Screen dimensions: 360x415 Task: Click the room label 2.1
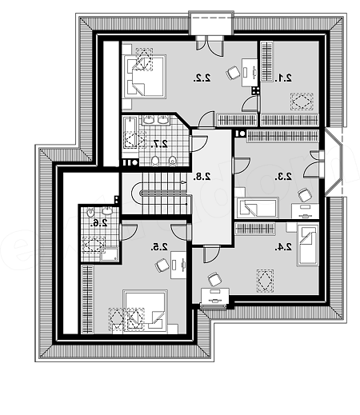(283, 78)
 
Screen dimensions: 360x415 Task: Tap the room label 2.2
(202, 78)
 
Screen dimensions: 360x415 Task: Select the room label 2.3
(283, 177)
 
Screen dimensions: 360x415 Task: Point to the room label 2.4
(283, 247)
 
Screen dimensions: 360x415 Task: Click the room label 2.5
(159, 246)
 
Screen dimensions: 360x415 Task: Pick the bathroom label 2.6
(98, 223)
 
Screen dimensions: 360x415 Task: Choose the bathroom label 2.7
(159, 144)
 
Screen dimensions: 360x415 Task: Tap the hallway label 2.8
(202, 177)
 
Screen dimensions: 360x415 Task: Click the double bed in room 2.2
(144, 77)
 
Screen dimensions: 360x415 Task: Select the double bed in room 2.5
(146, 310)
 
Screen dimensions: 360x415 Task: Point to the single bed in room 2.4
(308, 245)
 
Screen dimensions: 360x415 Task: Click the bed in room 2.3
(257, 207)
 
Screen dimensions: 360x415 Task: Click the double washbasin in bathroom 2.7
(156, 121)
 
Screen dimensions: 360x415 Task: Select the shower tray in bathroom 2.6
(110, 254)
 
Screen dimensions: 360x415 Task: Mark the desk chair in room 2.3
(305, 195)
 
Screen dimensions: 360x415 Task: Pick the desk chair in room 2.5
(162, 265)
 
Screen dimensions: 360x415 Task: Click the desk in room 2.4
(215, 298)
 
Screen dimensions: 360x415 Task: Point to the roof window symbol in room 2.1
(302, 102)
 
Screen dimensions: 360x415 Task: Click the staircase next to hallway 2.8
(162, 194)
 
